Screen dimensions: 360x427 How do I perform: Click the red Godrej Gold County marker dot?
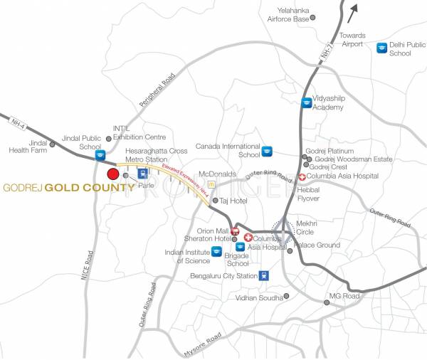pyautogui.click(x=112, y=174)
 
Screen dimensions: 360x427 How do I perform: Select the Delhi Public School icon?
pyautogui.click(x=382, y=47)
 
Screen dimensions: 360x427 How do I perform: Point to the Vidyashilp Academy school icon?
pyautogui.click(x=306, y=102)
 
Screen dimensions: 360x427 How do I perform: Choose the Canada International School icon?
pyautogui.click(x=267, y=151)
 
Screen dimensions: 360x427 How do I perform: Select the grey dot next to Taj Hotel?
pyautogui.click(x=216, y=201)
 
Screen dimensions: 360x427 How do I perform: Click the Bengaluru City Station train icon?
pyautogui.click(x=264, y=276)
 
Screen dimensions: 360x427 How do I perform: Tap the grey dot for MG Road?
pyautogui.click(x=327, y=302)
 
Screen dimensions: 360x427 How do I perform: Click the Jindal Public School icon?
pyautogui.click(x=100, y=154)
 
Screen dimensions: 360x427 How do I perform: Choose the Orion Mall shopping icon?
pyautogui.click(x=235, y=231)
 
